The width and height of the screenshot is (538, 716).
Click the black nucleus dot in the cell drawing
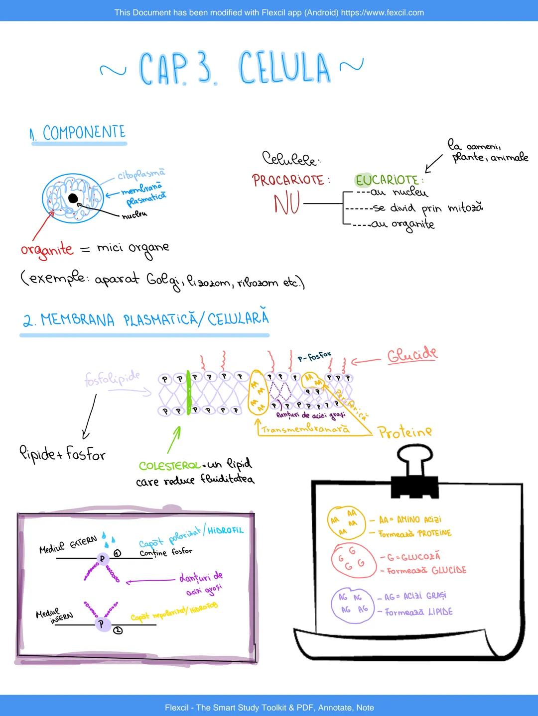click(73, 199)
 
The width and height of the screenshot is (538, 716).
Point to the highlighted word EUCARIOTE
click(387, 180)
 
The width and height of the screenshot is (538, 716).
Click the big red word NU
click(286, 204)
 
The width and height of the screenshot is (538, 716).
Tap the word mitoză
click(465, 208)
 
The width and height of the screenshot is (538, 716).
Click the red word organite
click(47, 249)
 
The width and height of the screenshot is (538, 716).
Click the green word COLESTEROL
click(169, 466)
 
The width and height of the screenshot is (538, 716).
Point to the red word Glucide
click(412, 355)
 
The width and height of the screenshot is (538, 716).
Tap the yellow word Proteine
click(404, 431)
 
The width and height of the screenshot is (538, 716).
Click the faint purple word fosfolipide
click(112, 378)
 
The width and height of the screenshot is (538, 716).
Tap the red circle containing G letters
click(350, 558)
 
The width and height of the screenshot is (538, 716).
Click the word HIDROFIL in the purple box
click(226, 530)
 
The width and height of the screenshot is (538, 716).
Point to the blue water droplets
click(109, 537)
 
